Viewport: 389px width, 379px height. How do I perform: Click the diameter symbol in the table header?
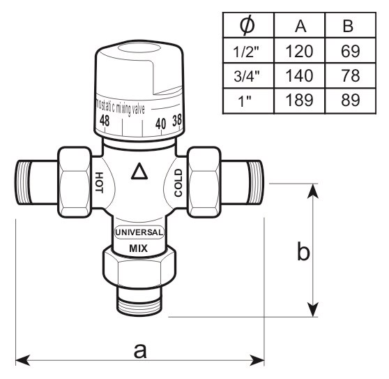pos(247,25)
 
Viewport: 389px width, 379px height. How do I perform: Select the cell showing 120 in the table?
pos(299,52)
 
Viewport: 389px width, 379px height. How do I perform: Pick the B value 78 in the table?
pos(350,75)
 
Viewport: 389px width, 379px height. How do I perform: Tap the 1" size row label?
pos(245,101)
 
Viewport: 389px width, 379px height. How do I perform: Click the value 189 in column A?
pos(299,100)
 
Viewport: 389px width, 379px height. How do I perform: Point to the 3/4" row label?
pos(246,76)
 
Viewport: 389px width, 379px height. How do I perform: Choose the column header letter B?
pos(348,26)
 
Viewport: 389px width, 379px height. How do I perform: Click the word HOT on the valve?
pos(99,183)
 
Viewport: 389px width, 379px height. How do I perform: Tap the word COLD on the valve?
pos(178,183)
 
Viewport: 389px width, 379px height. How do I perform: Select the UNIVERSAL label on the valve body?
pos(139,232)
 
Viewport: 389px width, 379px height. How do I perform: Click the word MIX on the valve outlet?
pos(139,248)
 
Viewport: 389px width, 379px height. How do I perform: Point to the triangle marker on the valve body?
pos(139,171)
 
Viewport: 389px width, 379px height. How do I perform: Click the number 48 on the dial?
pos(105,121)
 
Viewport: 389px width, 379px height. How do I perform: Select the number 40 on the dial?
pos(161,124)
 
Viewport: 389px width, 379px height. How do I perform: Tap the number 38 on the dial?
pos(177,120)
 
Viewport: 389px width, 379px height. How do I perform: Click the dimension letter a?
pos(140,351)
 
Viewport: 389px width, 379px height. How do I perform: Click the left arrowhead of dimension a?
pos(22,360)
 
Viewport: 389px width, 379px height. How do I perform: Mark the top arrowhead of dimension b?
pos(313,191)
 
